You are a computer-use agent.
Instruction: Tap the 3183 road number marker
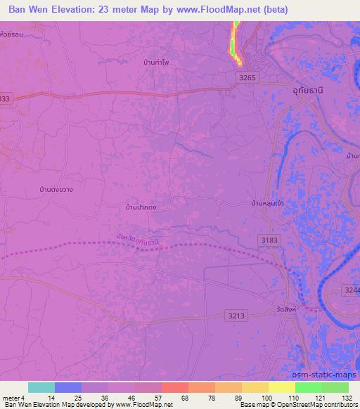click(x=267, y=240)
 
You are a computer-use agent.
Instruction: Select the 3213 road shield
click(x=237, y=316)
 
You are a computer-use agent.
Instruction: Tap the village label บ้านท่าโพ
click(x=156, y=63)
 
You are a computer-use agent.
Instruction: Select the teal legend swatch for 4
click(x=41, y=387)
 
